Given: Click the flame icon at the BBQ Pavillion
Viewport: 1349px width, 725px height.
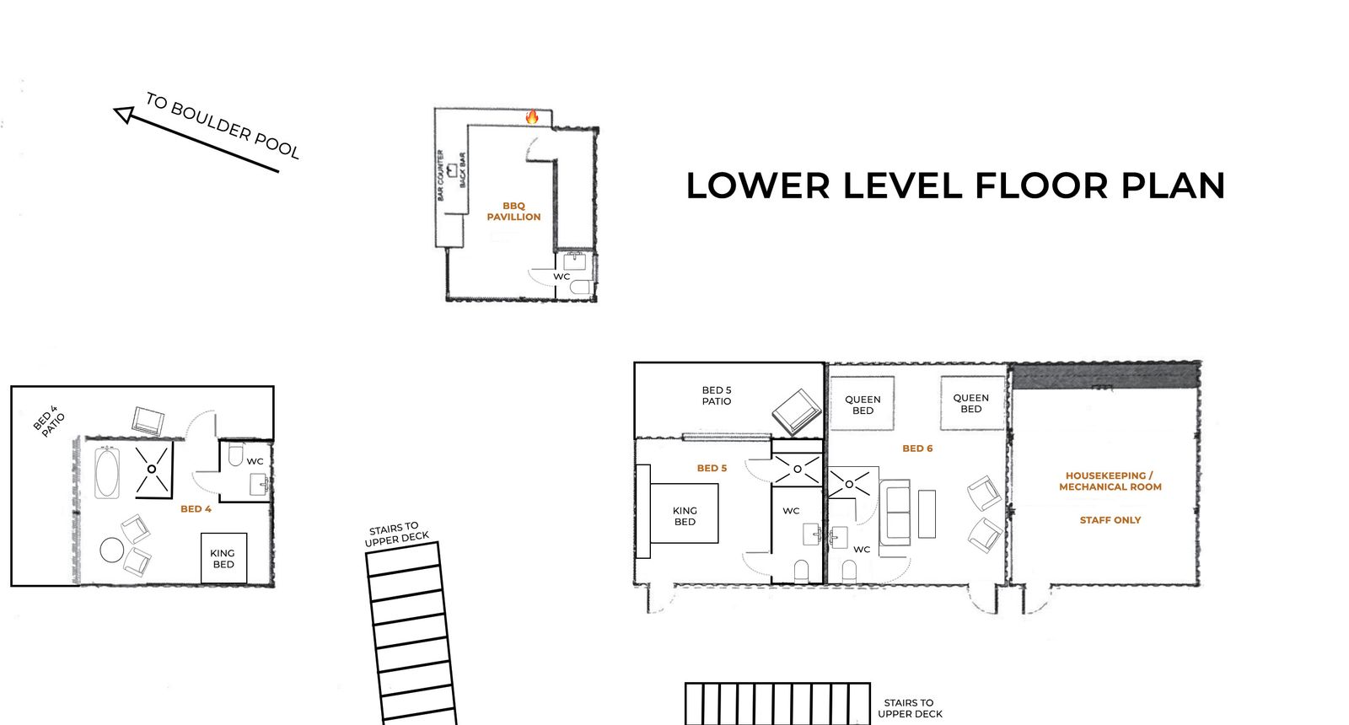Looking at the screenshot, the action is pyautogui.click(x=532, y=117).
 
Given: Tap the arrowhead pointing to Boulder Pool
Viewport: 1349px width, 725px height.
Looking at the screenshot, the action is pyautogui.click(x=124, y=115).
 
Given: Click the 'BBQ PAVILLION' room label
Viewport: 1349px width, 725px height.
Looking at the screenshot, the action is pyautogui.click(x=513, y=212).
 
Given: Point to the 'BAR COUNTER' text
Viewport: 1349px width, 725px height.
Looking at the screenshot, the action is pyautogui.click(x=440, y=175).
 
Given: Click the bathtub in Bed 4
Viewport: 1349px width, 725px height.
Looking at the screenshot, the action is pyautogui.click(x=106, y=473).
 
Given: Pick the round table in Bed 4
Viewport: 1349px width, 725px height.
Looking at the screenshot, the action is pyautogui.click(x=112, y=550).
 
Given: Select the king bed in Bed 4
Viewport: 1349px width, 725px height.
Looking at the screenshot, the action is pyautogui.click(x=224, y=558).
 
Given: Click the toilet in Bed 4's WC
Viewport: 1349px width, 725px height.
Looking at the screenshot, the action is pyautogui.click(x=235, y=454).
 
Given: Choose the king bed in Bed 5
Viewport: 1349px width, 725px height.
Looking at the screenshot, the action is pyautogui.click(x=684, y=513).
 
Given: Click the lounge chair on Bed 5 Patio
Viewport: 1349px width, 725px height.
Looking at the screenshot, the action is pyautogui.click(x=797, y=412).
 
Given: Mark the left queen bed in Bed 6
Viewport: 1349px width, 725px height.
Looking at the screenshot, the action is pyautogui.click(x=862, y=404).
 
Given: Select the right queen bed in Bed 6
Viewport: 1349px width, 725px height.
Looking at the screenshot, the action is pyautogui.click(x=972, y=403).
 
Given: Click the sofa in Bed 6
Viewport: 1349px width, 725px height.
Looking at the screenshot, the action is pyautogui.click(x=895, y=513).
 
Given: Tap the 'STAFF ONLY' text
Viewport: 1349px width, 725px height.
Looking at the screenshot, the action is pyautogui.click(x=1110, y=519).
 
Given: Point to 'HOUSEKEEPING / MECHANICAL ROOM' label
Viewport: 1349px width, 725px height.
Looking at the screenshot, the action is pyautogui.click(x=1110, y=481).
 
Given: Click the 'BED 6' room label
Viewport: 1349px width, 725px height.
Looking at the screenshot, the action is pyautogui.click(x=917, y=448).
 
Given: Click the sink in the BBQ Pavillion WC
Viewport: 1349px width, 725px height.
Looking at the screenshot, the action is pyautogui.click(x=574, y=261).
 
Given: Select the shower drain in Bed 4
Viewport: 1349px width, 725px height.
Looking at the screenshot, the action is pyautogui.click(x=152, y=469).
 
